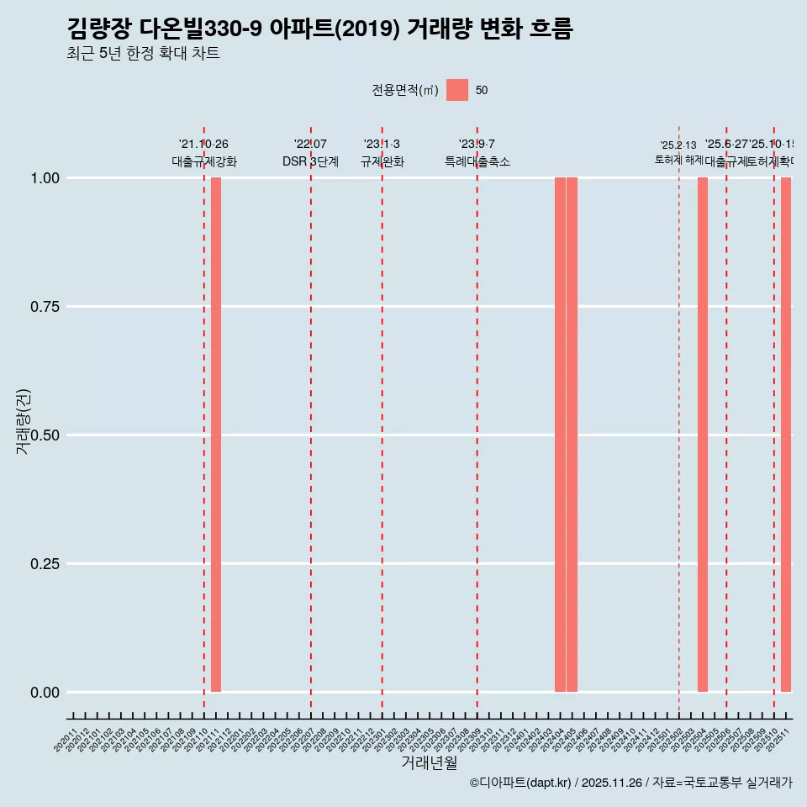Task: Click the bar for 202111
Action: click(216, 435)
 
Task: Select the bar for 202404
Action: click(560, 435)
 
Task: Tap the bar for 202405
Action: click(572, 435)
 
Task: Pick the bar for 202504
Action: click(703, 435)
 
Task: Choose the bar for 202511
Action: click(786, 435)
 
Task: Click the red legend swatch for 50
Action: click(457, 90)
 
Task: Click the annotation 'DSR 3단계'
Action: click(310, 162)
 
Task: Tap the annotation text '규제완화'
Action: click(382, 162)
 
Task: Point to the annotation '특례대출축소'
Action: click(477, 162)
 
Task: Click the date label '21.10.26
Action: click(203, 145)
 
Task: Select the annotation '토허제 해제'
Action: click(678, 160)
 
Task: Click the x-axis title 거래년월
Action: click(430, 763)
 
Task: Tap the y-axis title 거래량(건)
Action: click(24, 421)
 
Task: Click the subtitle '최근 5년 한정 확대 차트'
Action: click(143, 54)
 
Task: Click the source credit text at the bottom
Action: click(630, 783)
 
